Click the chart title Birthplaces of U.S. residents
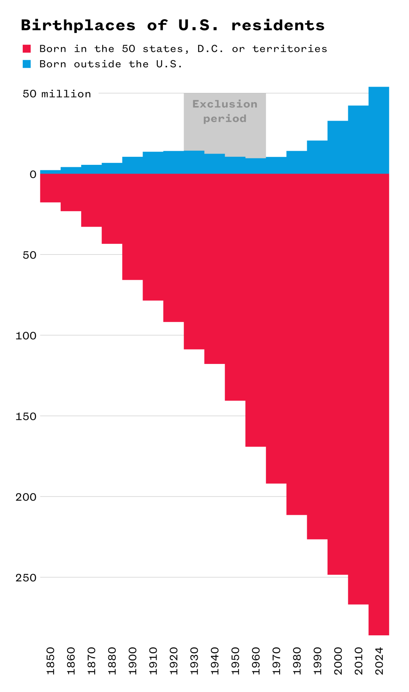click(x=173, y=26)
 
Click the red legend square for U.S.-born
click(x=27, y=49)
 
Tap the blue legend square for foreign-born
click(x=27, y=64)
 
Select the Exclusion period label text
click(x=225, y=111)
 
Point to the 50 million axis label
click(x=57, y=94)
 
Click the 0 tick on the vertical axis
click(x=33, y=174)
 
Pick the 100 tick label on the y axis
click(x=26, y=336)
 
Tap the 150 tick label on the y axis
click(x=26, y=416)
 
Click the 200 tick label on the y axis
click(x=26, y=497)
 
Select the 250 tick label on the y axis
click(x=26, y=577)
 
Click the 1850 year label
click(x=50, y=661)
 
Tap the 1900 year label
click(x=133, y=661)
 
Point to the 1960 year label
click(x=256, y=661)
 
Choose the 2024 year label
click(x=379, y=661)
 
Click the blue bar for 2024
click(x=379, y=130)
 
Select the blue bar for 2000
click(x=338, y=147)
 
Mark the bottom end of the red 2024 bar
click(x=379, y=633)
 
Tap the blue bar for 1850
click(x=50, y=172)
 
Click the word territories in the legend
click(x=290, y=49)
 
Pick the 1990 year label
click(x=318, y=661)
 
